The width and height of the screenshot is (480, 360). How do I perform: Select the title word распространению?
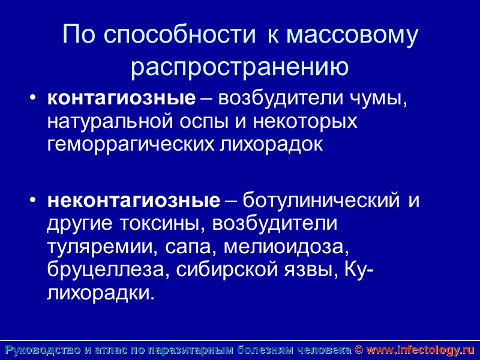pyautogui.click(x=240, y=67)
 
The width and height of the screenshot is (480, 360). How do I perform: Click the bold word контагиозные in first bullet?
pyautogui.click(x=122, y=99)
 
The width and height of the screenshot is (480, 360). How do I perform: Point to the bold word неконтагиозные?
pyautogui.click(x=134, y=200)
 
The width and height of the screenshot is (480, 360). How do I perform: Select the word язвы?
pyautogui.click(x=311, y=269)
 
